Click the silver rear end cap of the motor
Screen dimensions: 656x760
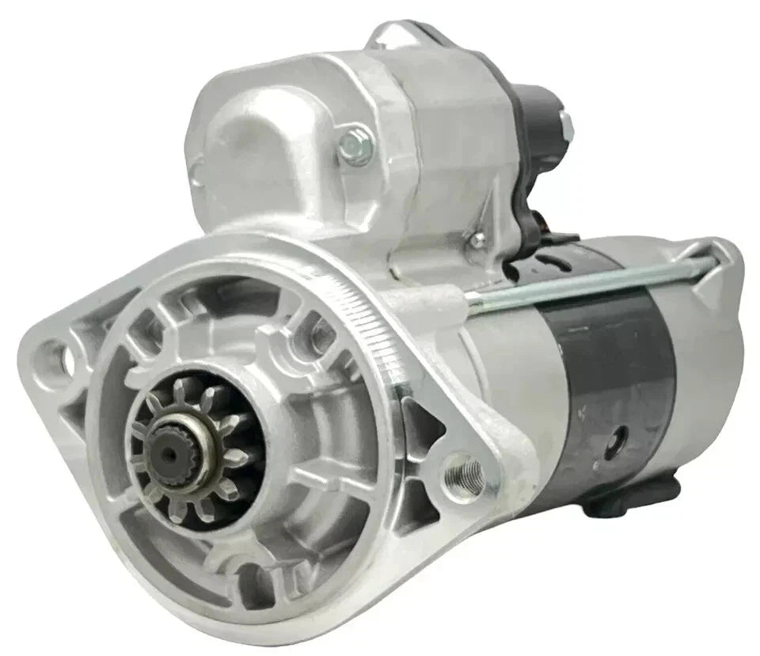[712, 333]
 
